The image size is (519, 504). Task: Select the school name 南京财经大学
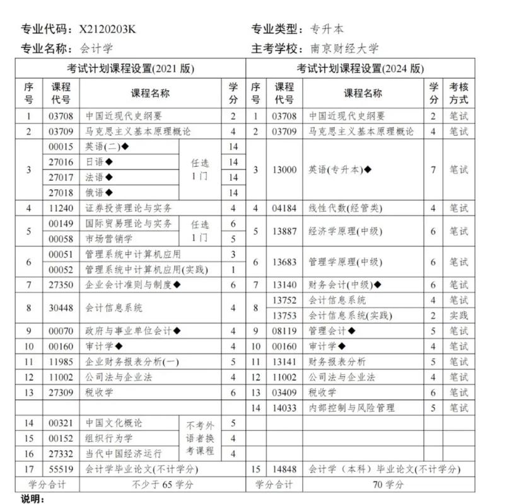[344, 49]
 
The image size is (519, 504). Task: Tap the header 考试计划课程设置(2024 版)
[360, 69]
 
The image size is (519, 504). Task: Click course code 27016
[61, 162]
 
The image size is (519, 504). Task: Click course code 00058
[61, 239]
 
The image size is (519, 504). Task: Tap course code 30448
[61, 308]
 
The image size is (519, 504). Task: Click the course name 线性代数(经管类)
[346, 208]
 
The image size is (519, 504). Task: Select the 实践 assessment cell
[458, 316]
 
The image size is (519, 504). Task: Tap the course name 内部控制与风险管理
[352, 408]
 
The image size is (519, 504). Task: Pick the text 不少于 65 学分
[162, 484]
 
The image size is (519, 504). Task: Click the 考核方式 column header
[458, 93]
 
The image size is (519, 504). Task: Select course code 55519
[61, 469]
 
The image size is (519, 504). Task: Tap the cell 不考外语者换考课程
[201, 438]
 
